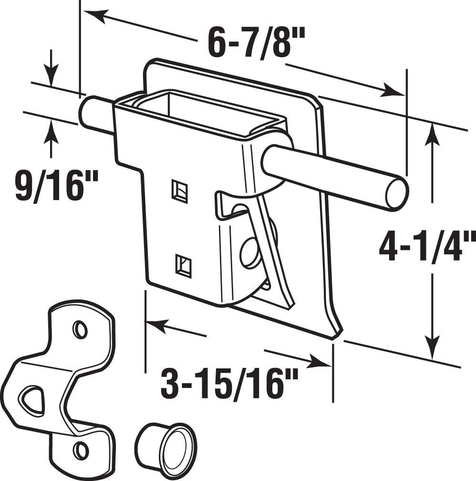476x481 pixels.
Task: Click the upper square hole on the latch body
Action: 179,191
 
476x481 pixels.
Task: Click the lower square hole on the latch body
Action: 183,264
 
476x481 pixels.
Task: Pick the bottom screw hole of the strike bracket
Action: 81,450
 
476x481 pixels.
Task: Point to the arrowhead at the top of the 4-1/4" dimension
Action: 432,134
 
